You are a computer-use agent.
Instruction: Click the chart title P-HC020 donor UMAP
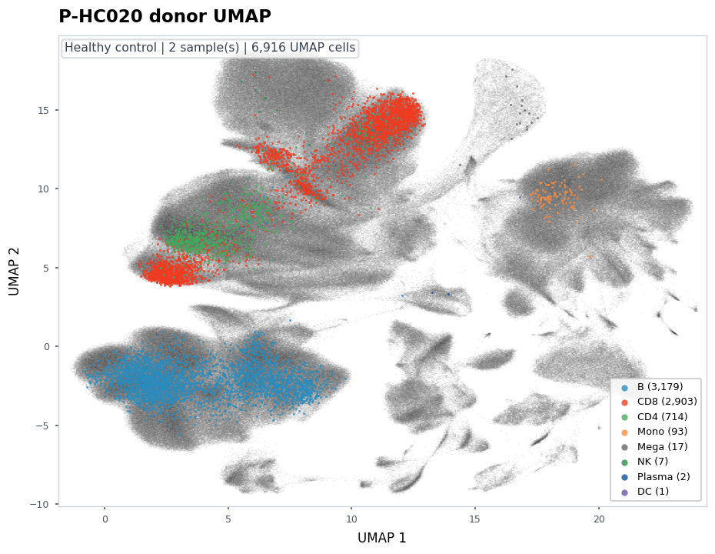click(x=165, y=16)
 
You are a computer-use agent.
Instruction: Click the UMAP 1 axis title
click(x=381, y=538)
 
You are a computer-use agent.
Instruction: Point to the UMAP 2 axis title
click(x=14, y=272)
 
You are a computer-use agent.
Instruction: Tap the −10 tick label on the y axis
click(x=40, y=504)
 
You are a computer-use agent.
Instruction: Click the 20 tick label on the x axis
click(x=599, y=519)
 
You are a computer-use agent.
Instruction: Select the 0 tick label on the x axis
click(x=105, y=519)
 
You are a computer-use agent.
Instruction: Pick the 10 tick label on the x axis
click(x=351, y=519)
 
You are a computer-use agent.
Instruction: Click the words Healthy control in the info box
click(x=111, y=48)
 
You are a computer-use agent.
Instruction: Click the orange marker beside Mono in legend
click(x=625, y=432)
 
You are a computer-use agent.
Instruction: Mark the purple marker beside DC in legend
click(x=625, y=492)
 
